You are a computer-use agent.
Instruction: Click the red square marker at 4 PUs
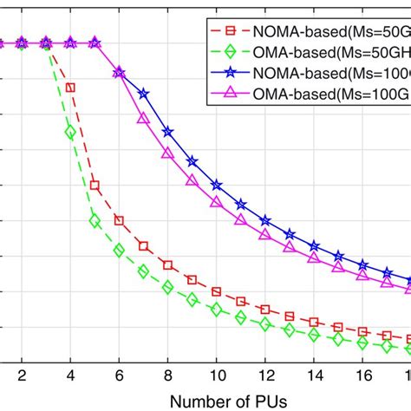[x=70, y=88]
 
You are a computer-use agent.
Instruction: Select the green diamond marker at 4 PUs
[x=70, y=132]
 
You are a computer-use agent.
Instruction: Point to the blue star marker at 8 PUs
[x=167, y=132]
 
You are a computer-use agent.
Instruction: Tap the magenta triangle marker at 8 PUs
[x=167, y=153]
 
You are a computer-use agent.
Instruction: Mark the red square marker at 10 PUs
[x=216, y=291]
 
